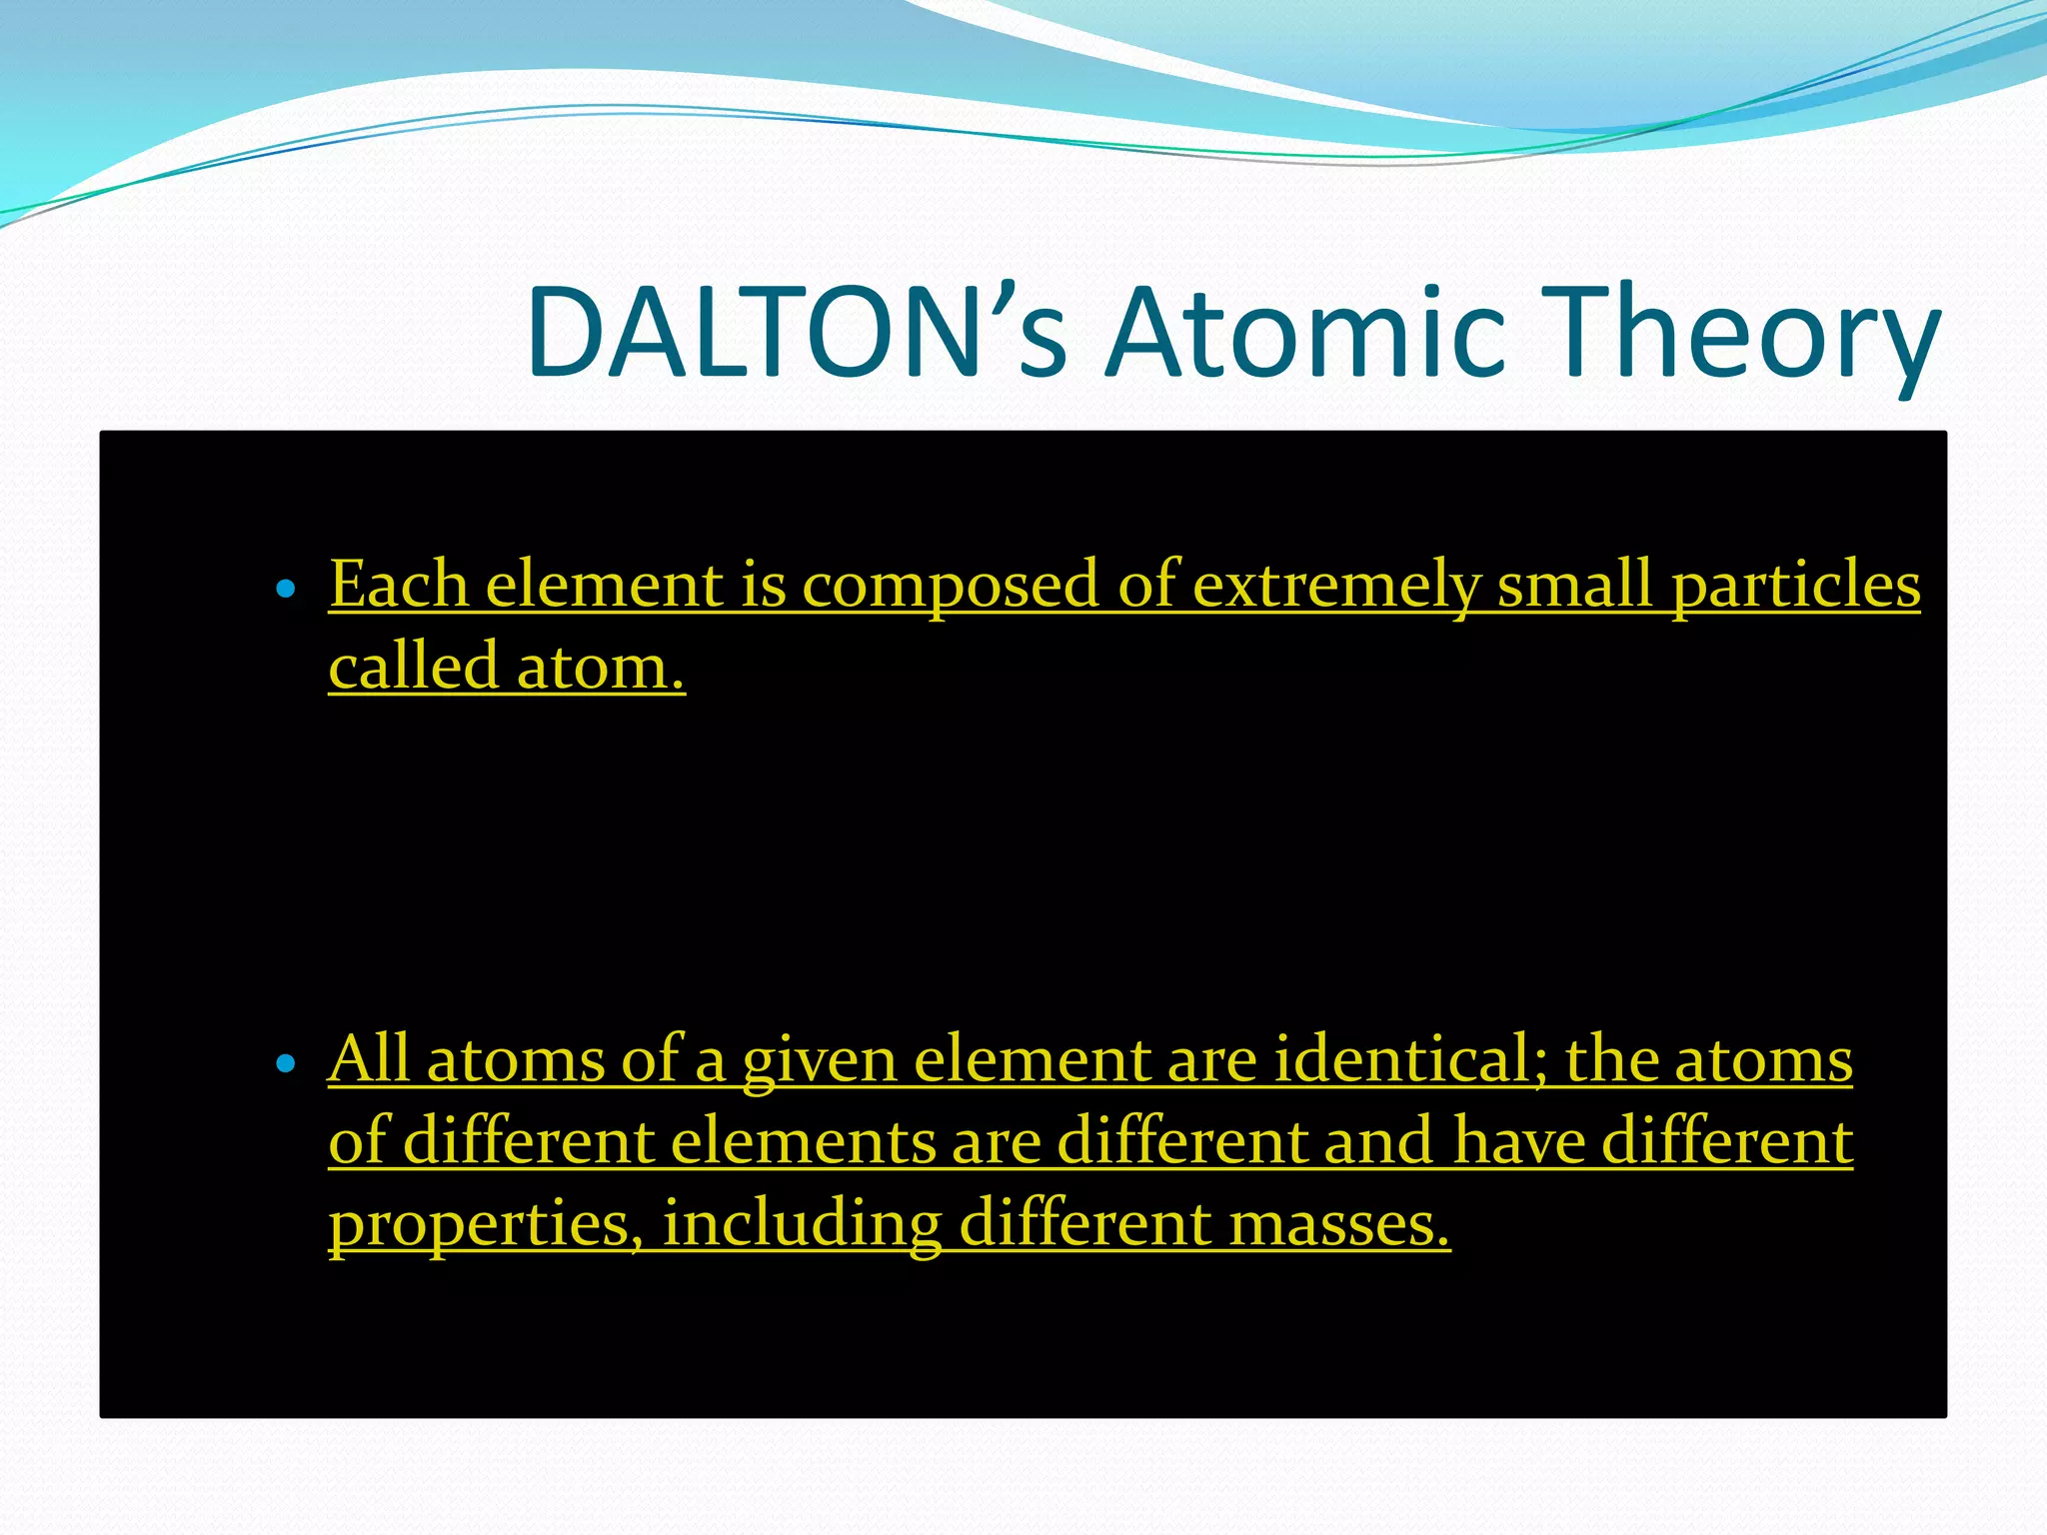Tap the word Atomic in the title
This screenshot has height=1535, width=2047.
(x=1304, y=333)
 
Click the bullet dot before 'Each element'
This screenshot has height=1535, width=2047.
(x=286, y=590)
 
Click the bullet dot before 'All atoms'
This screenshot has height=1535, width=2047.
(x=286, y=1064)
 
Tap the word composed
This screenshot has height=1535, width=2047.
(x=951, y=586)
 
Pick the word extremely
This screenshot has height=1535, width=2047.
(x=1337, y=586)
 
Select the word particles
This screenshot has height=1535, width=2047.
(x=1795, y=586)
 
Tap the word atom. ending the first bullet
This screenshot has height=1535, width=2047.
(x=601, y=668)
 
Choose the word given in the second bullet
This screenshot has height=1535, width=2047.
(x=820, y=1061)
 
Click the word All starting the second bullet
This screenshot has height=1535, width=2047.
(x=369, y=1059)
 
